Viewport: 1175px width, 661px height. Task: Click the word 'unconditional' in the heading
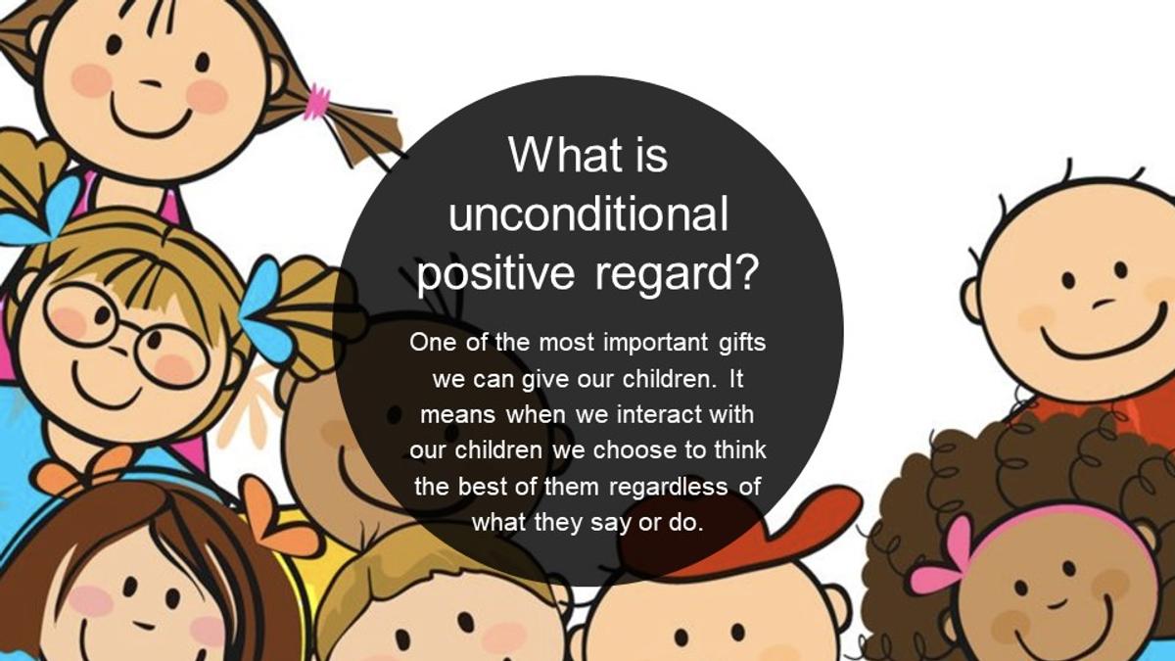pos(588,214)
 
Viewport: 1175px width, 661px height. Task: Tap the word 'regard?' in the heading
pos(678,274)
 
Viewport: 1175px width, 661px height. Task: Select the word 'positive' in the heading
pos(495,275)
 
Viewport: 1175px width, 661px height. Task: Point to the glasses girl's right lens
pos(170,356)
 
